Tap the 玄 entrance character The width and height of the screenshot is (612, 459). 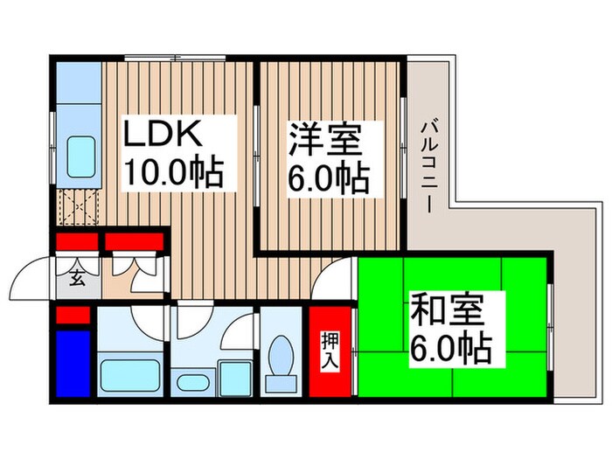pos(76,280)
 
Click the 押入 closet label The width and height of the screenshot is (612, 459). pos(329,350)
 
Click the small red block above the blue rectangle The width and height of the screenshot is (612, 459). pos(73,314)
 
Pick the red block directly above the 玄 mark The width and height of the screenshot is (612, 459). pos(77,242)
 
